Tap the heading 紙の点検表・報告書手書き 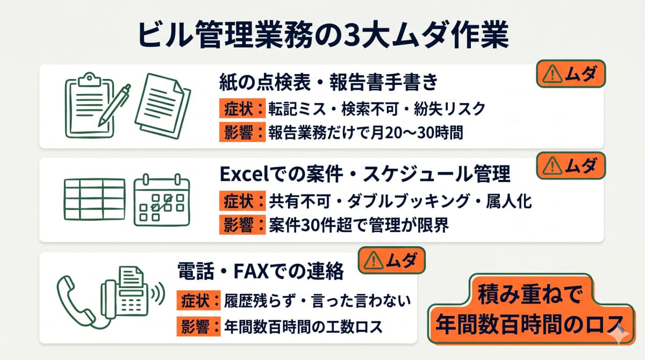329,83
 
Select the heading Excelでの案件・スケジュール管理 365,175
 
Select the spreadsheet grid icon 93,198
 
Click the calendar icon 161,199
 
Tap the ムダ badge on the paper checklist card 571,75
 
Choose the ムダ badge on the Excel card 571,166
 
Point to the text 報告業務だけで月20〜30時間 365,133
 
